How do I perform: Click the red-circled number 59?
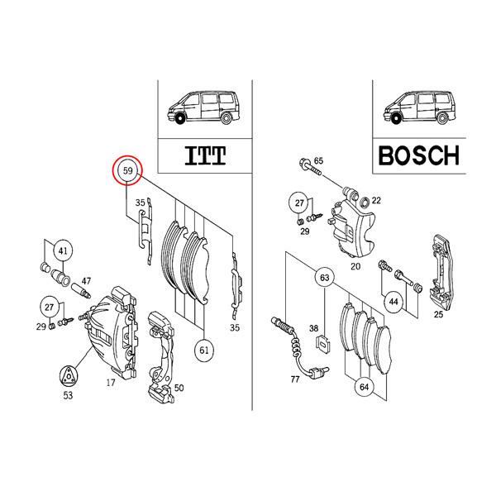[128, 171]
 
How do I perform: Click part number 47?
[86, 282]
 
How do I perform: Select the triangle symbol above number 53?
[69, 374]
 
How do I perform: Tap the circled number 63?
[324, 279]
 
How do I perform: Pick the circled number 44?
[393, 303]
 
